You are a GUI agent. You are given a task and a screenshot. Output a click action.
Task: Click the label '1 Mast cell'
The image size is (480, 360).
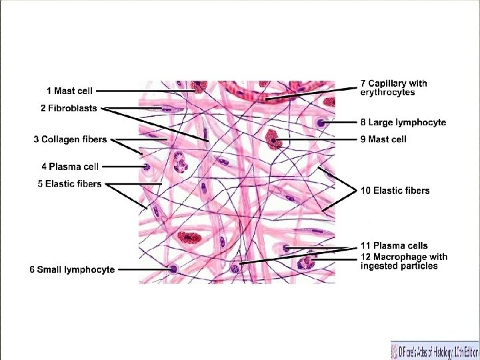click(69, 91)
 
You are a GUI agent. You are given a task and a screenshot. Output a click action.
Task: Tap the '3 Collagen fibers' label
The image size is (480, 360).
click(70, 139)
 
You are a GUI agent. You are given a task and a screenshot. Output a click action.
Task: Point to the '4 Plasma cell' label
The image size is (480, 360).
click(74, 167)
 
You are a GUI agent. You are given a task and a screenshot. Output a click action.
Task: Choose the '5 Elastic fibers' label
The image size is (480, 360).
click(69, 183)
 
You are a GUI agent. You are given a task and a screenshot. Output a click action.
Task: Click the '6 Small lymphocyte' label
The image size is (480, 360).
click(72, 269)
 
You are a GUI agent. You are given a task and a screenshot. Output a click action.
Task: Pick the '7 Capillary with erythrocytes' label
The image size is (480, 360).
click(393, 87)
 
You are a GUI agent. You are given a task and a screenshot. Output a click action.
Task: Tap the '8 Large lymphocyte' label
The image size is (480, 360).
click(403, 123)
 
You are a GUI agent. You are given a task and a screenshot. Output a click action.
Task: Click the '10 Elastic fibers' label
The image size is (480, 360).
click(395, 191)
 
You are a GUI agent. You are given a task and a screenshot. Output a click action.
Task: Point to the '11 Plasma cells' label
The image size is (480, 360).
click(394, 246)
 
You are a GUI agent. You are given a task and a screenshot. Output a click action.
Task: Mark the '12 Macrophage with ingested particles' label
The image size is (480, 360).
click(403, 261)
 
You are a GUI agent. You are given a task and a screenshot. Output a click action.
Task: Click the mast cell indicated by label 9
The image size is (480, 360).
click(272, 139)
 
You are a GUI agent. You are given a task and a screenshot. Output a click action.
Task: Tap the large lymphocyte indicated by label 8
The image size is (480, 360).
click(322, 123)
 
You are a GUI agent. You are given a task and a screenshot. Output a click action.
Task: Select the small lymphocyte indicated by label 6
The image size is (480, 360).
click(173, 269)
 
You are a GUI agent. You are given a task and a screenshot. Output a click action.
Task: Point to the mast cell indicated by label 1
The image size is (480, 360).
click(198, 87)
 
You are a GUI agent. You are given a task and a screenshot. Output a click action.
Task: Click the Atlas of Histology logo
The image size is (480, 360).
click(433, 349)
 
